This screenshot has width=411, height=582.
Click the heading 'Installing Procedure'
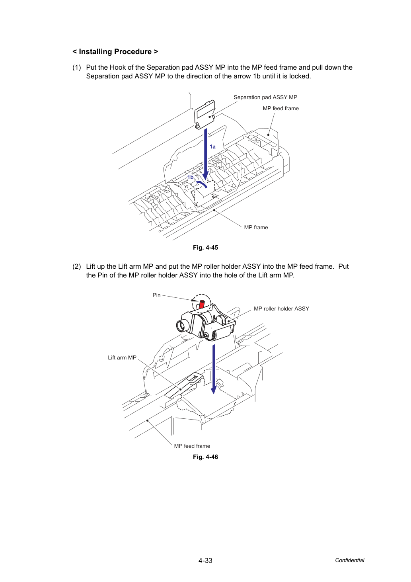pos(115,52)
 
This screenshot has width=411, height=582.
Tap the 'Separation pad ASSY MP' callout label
pos(265,97)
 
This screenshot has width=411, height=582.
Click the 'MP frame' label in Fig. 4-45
pos(256,227)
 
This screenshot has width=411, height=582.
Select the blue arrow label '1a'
pos(212,147)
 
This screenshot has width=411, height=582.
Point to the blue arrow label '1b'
pos(191,177)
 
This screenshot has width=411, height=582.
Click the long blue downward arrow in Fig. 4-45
pos(205,154)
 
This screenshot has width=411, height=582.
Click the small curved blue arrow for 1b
pos(201,184)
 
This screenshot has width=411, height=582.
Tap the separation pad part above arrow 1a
pos(205,114)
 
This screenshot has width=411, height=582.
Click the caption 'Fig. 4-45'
pos(205,247)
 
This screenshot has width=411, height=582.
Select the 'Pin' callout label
pos(156,295)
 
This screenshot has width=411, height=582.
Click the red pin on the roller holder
pos(201,304)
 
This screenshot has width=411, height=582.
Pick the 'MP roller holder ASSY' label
pos(281,309)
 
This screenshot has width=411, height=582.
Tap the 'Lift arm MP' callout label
pos(122,357)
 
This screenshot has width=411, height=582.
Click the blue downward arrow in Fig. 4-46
pos(214,369)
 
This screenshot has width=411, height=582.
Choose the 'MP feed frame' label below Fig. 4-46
pos(192,446)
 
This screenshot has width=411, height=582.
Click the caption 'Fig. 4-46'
pos(205,457)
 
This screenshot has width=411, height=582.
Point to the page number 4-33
pos(205,561)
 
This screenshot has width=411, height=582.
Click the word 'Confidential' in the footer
pos(349,560)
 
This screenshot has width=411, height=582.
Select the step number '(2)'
pos(77,266)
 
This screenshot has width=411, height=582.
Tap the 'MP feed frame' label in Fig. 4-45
pos(280,108)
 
